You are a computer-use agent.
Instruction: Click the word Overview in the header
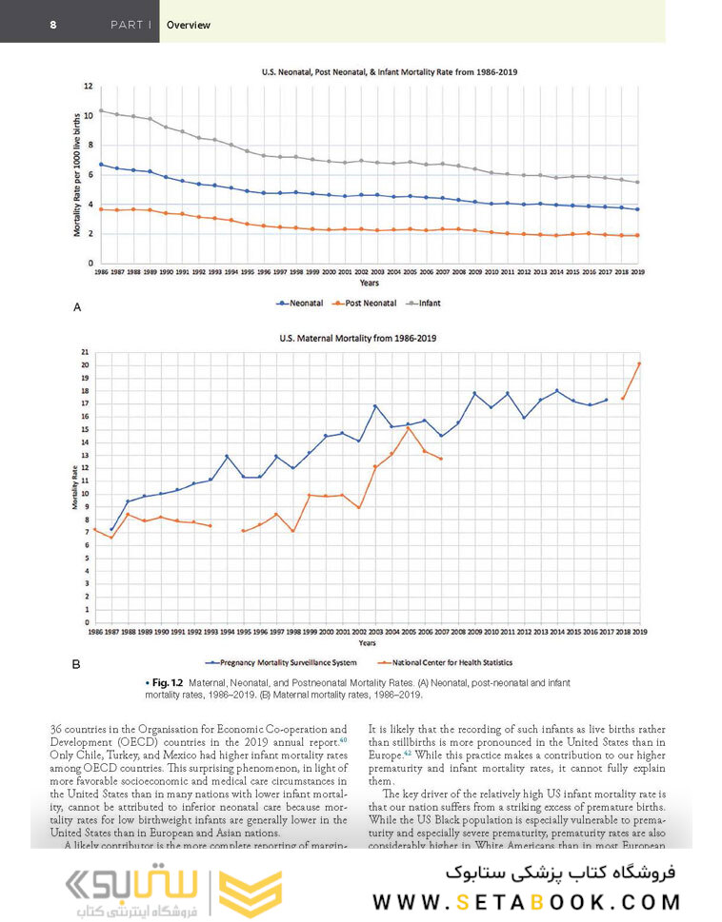(189, 25)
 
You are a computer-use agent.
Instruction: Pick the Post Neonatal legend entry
(368, 303)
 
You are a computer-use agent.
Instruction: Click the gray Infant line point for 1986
(101, 110)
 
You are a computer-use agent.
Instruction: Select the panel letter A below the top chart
(77, 307)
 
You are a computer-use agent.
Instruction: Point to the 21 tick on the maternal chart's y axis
(86, 352)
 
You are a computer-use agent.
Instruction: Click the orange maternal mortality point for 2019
(638, 363)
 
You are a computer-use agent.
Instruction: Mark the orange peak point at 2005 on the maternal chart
(409, 428)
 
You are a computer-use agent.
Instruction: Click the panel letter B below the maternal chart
(77, 665)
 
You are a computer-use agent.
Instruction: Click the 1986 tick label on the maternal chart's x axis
(95, 631)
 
